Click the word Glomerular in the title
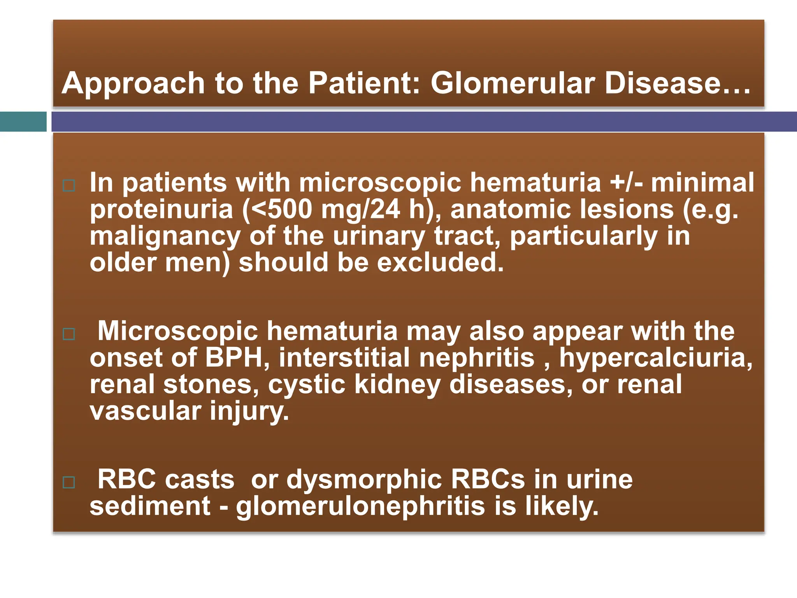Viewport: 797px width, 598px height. [512, 83]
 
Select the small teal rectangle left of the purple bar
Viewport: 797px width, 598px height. [23, 121]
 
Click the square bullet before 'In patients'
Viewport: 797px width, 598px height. [69, 186]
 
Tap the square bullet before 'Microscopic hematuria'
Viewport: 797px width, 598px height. [69, 334]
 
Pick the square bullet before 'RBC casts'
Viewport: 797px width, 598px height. [69, 483]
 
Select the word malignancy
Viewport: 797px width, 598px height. [165, 237]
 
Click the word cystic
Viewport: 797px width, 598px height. [307, 385]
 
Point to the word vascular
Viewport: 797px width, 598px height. [146, 411]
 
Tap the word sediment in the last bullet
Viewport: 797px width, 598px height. [150, 506]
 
